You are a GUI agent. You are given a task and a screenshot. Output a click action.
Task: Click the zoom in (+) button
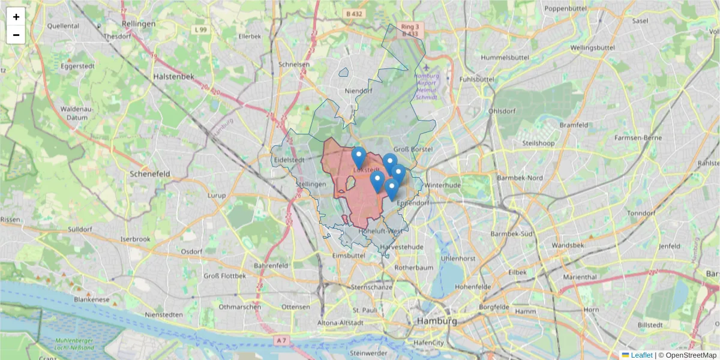16,17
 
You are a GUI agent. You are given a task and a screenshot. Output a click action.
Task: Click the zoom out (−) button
16,35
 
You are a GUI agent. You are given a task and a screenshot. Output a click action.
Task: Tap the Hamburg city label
436,321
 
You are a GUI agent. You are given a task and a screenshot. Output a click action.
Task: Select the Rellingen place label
139,23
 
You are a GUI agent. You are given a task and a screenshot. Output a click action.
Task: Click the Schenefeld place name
150,173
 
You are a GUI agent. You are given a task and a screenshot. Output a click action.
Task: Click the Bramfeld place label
574,125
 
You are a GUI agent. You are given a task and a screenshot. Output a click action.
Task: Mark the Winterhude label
443,185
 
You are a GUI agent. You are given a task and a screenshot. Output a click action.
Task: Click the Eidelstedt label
289,160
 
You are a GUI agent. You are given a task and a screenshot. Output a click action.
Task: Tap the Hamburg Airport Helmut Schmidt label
427,86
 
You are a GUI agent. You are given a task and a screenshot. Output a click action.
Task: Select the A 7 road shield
282,340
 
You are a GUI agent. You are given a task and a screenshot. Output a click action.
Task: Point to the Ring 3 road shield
410,26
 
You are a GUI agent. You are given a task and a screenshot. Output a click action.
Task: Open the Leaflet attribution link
641,355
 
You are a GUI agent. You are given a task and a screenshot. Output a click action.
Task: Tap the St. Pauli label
364,310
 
